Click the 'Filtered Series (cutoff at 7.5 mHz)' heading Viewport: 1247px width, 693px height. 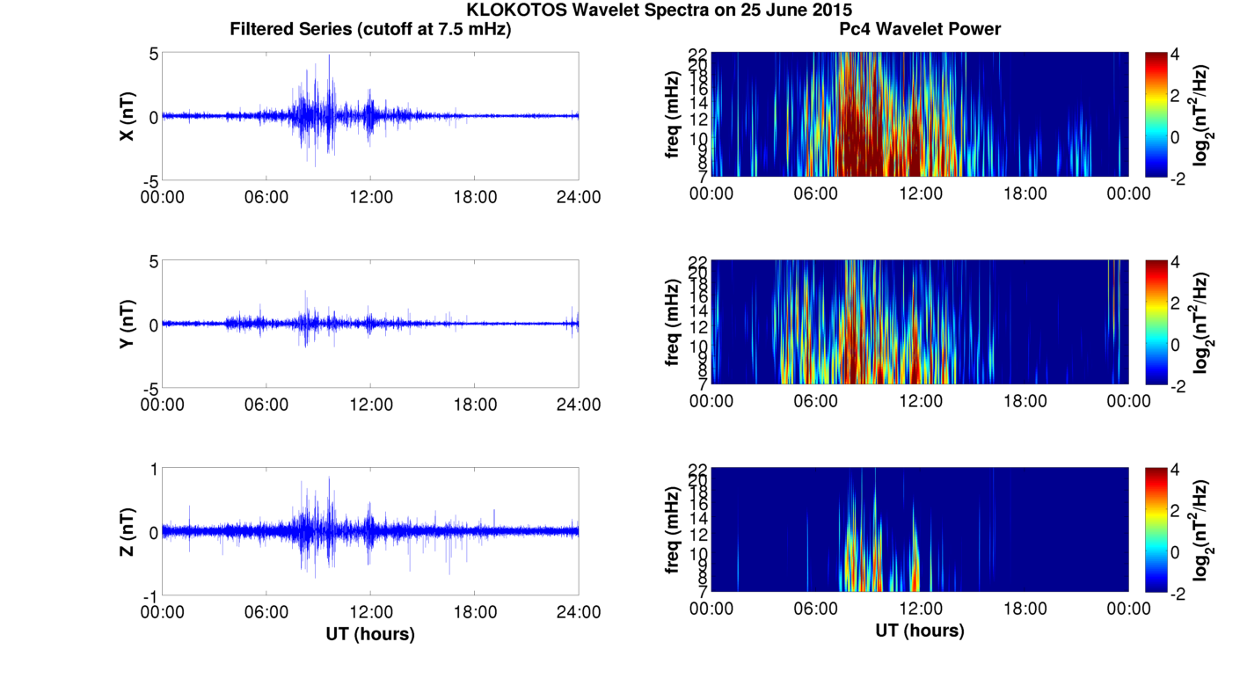[x=370, y=29]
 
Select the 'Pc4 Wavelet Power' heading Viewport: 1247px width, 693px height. [x=920, y=29]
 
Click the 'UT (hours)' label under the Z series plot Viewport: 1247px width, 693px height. [x=370, y=633]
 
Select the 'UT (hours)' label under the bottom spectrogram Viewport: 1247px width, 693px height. [x=920, y=631]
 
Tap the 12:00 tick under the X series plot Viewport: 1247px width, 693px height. [x=370, y=196]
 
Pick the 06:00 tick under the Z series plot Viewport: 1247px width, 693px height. [x=266, y=612]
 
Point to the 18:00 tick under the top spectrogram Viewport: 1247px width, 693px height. [x=1025, y=193]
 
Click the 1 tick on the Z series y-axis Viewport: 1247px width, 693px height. [x=153, y=470]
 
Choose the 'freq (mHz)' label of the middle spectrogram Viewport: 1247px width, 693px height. [x=673, y=322]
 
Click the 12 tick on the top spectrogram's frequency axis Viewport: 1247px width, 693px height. [x=698, y=119]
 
